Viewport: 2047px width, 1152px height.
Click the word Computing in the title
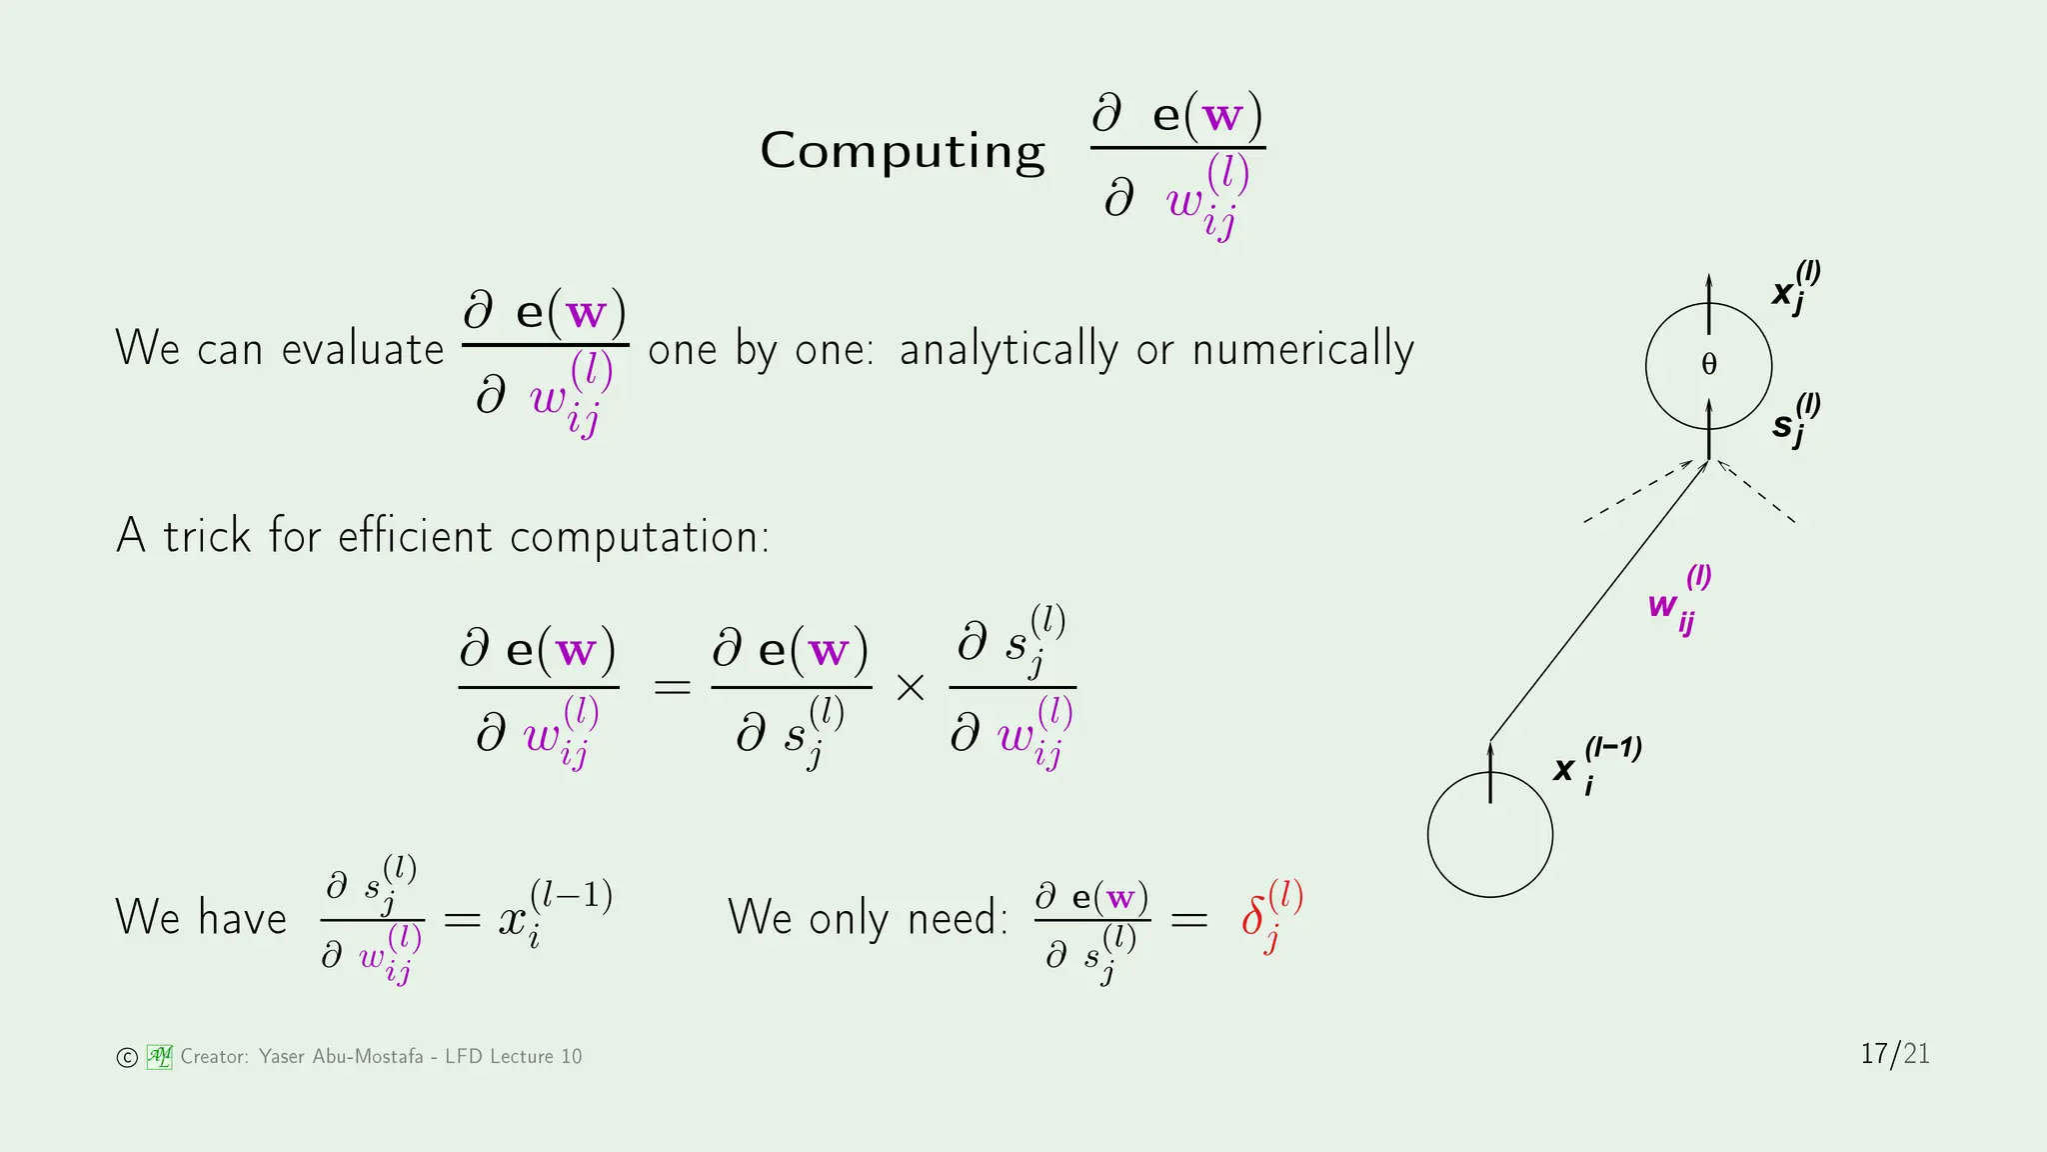(902, 152)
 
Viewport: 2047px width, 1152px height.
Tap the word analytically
(1009, 350)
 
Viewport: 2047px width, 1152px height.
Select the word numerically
(1302, 350)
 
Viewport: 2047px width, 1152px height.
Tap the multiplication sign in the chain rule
(911, 687)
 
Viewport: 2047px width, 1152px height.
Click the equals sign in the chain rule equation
(672, 687)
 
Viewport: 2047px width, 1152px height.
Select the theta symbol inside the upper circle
(1709, 365)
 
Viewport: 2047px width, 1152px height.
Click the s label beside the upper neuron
(1783, 425)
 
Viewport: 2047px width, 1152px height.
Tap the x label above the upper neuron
(1783, 292)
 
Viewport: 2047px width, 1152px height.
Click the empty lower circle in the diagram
(1490, 850)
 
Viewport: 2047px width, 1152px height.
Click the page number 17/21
(1895, 1054)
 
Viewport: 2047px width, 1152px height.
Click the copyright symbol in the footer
(127, 1058)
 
